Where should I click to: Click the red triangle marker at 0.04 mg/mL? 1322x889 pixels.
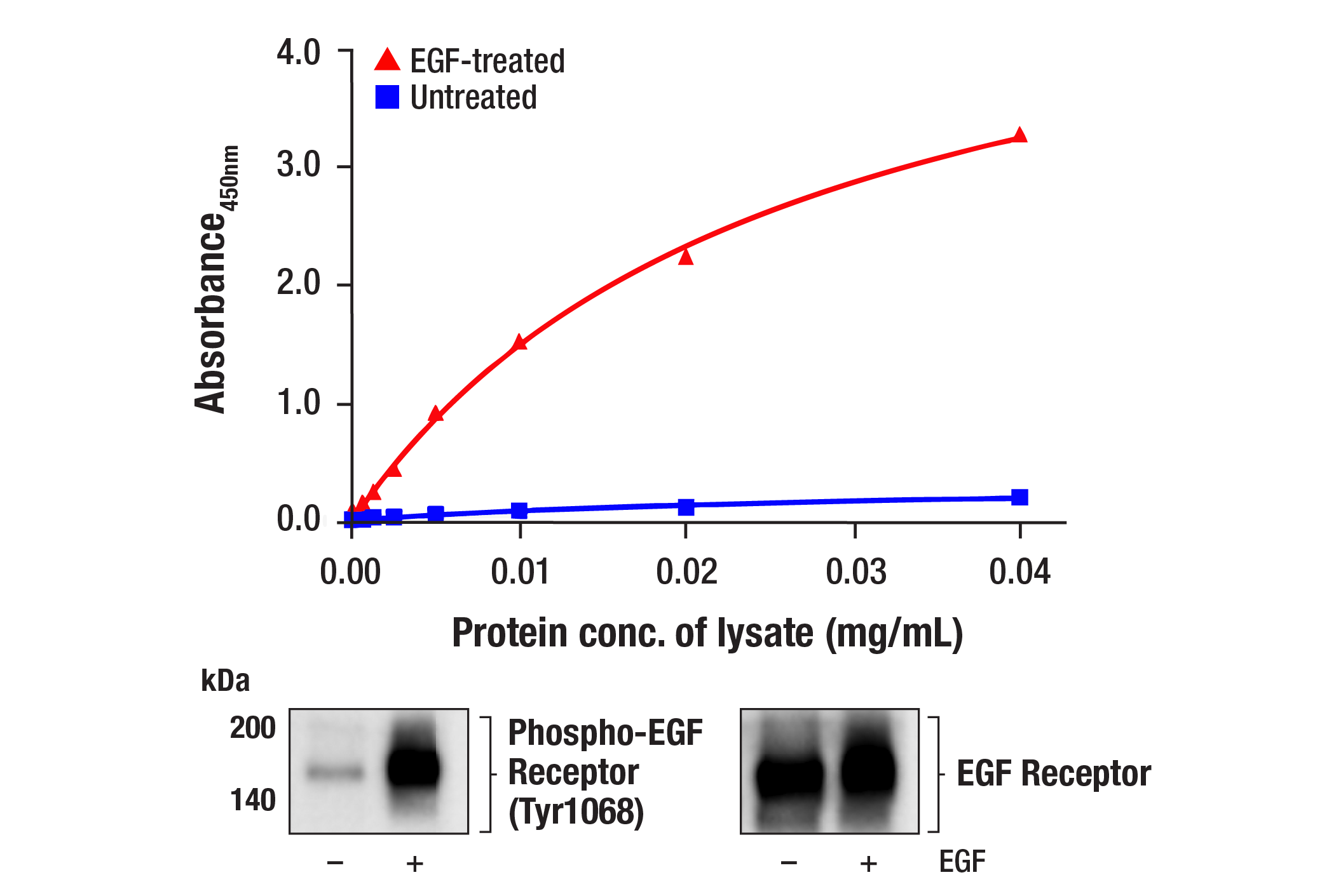(x=1019, y=135)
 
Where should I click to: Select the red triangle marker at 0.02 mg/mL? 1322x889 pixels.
(x=685, y=257)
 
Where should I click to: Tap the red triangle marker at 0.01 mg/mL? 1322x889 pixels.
(x=519, y=343)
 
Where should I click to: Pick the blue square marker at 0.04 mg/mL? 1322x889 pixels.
(x=1019, y=497)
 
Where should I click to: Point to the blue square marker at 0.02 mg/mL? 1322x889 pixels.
(x=686, y=507)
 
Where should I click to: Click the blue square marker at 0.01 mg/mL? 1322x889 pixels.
(x=519, y=511)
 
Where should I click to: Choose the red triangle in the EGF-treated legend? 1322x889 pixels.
(x=387, y=60)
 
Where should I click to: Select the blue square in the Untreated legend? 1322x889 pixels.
(x=387, y=97)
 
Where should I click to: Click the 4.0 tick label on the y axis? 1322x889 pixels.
(x=298, y=53)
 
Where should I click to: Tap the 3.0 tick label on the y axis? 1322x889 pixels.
(x=298, y=166)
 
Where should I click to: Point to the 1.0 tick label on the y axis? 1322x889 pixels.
(x=298, y=403)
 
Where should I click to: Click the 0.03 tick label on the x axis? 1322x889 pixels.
(x=855, y=572)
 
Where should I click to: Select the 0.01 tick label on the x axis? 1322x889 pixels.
(x=520, y=572)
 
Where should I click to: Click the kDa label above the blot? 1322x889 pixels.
(x=225, y=681)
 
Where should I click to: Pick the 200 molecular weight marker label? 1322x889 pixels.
(x=252, y=728)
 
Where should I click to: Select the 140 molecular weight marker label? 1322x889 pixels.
(x=252, y=800)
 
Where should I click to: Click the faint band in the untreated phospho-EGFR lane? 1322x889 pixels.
(x=336, y=772)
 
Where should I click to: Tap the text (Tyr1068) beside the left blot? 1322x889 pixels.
(x=576, y=812)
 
